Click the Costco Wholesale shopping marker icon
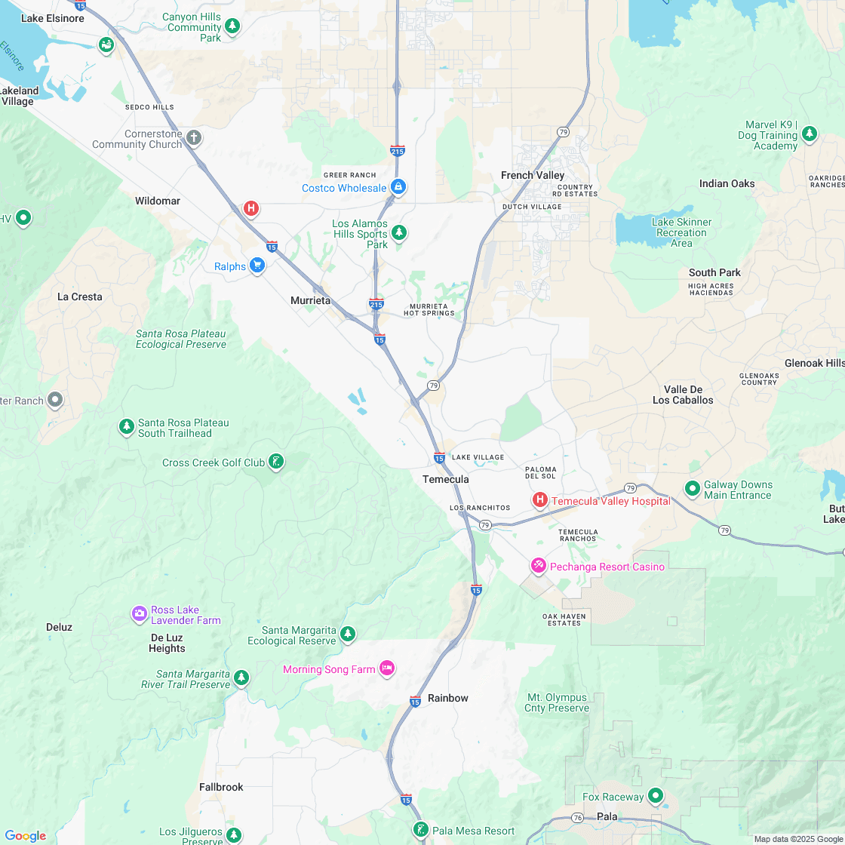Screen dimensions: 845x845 click(x=398, y=187)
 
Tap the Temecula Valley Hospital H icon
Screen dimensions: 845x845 click(x=540, y=499)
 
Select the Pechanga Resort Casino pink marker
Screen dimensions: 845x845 click(x=539, y=565)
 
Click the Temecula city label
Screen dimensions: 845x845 click(x=445, y=479)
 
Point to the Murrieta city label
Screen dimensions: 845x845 click(x=311, y=300)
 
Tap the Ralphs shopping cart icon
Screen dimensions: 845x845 click(x=257, y=265)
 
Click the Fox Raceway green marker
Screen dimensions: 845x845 click(x=656, y=795)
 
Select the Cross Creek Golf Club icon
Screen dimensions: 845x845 click(x=276, y=461)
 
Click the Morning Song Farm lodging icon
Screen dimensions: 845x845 click(x=387, y=668)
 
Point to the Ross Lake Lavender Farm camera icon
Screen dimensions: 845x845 click(x=139, y=613)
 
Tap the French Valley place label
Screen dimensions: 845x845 click(x=533, y=175)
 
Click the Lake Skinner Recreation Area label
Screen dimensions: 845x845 click(x=681, y=232)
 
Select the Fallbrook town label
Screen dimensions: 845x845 click(x=221, y=787)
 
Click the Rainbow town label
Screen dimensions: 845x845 click(x=448, y=698)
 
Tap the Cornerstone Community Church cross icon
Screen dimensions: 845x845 click(x=194, y=137)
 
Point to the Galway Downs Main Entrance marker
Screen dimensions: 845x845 click(x=692, y=489)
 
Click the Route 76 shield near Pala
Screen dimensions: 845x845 click(x=577, y=818)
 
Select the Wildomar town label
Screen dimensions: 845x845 click(x=158, y=201)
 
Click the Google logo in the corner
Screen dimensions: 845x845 click(x=25, y=836)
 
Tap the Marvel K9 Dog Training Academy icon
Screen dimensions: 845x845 click(x=810, y=134)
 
